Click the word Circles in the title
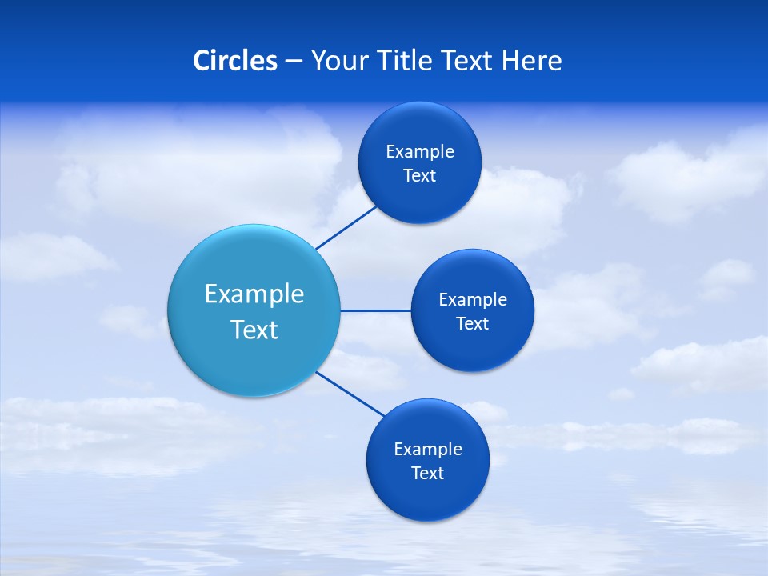coord(235,60)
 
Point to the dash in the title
coord(294,62)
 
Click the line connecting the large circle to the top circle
coord(346,227)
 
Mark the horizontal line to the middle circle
coord(375,310)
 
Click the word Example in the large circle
coord(254,294)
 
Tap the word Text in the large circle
coord(254,330)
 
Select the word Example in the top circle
coord(419,152)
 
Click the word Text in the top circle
coord(419,176)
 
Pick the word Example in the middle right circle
coord(472,300)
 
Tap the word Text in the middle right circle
coord(472,324)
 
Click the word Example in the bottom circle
coord(427,450)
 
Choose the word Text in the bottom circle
coord(427,474)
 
